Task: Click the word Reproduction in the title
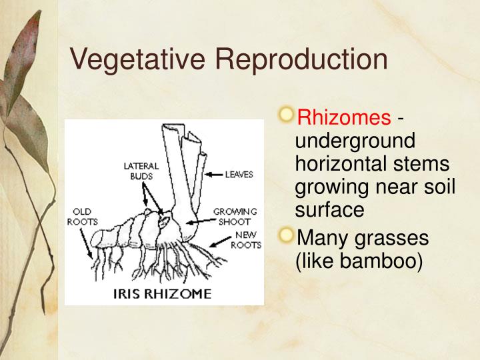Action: point(301,59)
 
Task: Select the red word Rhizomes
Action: point(344,119)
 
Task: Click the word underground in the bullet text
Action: point(355,141)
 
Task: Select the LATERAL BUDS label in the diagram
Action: point(141,171)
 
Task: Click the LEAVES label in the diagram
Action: point(239,175)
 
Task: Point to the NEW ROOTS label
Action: point(245,240)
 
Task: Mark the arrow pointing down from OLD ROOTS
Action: point(87,243)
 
